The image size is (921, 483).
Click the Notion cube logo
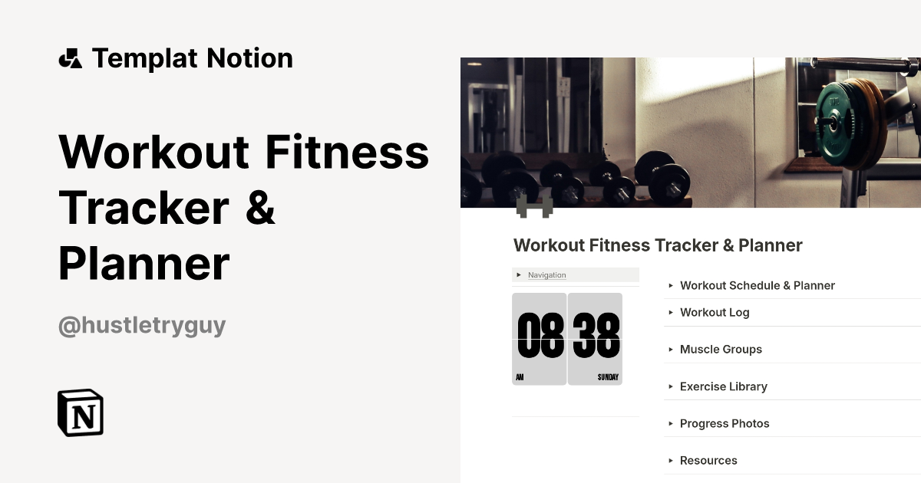[x=81, y=412]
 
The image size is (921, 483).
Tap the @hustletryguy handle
[x=142, y=325]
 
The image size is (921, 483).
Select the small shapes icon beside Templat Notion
[x=70, y=58]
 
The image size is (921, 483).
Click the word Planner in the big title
[x=144, y=263]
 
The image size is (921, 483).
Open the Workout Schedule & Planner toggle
[x=757, y=285]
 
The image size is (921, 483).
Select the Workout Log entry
[x=715, y=312]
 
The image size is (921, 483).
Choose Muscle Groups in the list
[x=721, y=349]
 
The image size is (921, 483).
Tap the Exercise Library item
[x=723, y=386]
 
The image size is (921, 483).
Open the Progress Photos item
[x=724, y=423]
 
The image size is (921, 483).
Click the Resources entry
[x=708, y=460]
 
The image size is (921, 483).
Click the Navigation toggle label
[x=546, y=275]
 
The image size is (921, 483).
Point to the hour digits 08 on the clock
[x=540, y=337]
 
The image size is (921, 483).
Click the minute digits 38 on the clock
[x=596, y=337]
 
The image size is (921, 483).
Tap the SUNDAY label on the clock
[x=608, y=377]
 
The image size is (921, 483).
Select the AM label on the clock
[x=520, y=377]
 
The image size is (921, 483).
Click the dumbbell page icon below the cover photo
[x=534, y=206]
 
